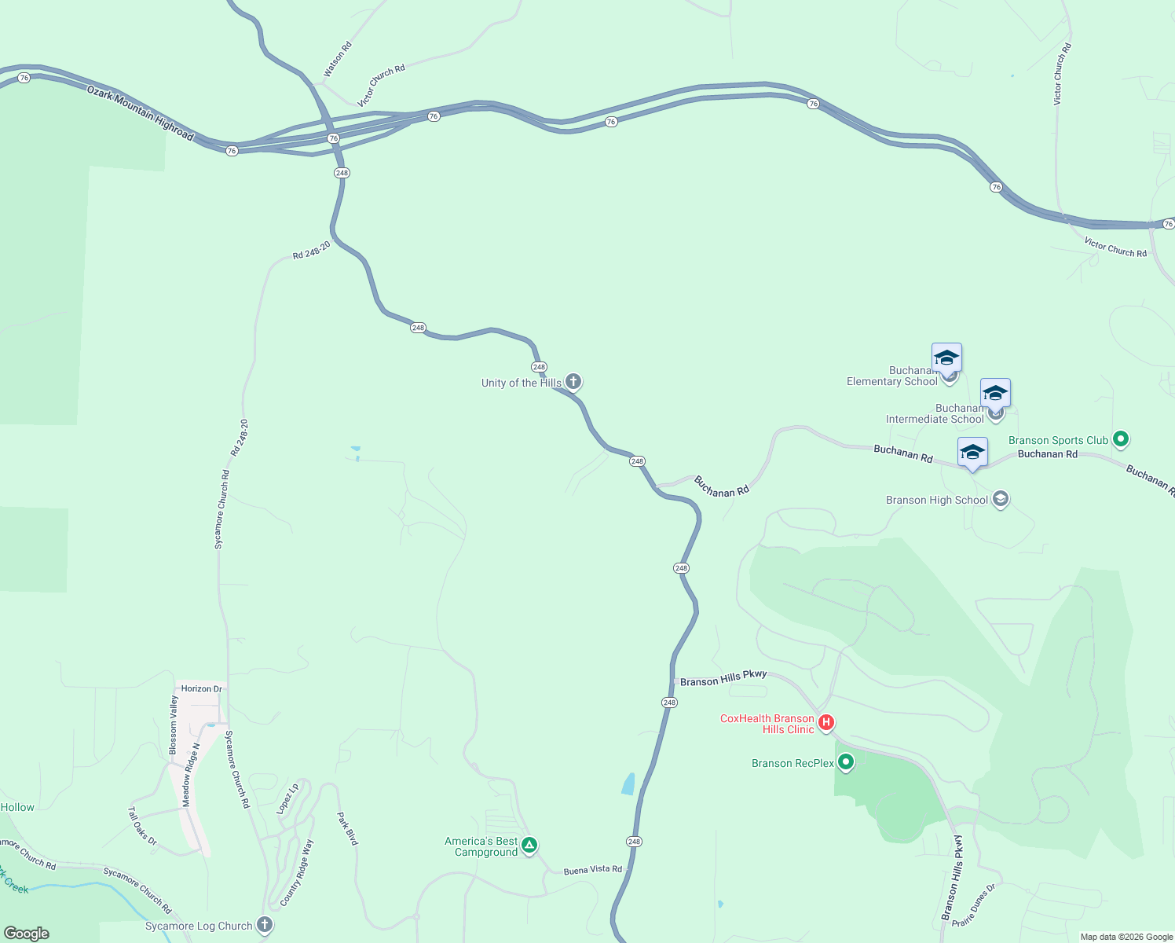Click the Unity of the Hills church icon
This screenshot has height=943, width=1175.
[x=573, y=382]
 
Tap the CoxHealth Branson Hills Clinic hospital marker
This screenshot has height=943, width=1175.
[x=825, y=722]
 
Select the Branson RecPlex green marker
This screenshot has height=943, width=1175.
[x=846, y=761]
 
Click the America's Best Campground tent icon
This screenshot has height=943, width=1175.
[x=529, y=846]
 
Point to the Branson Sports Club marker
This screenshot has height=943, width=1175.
[x=1121, y=439]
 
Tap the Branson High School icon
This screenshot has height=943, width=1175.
[x=1001, y=499]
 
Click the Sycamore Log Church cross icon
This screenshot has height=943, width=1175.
[x=265, y=925]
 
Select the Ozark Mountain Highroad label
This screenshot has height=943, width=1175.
[x=140, y=114]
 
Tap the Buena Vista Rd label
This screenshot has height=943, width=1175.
[x=593, y=870]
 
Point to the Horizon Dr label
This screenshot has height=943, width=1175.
[x=202, y=688]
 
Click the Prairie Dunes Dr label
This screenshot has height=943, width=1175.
[x=974, y=904]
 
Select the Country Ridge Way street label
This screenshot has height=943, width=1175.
[x=297, y=873]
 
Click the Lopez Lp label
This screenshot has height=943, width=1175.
[x=287, y=798]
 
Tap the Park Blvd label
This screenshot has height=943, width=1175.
[x=348, y=828]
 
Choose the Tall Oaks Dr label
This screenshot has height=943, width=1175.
[x=143, y=826]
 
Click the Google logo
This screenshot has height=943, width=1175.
[x=27, y=934]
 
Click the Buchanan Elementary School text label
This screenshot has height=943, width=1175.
[x=891, y=376]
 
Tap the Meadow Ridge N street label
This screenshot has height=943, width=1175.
[x=191, y=775]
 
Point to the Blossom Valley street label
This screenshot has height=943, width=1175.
[x=174, y=725]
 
